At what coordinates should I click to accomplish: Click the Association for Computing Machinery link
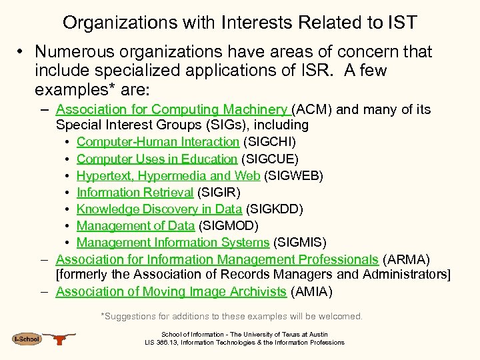(172, 109)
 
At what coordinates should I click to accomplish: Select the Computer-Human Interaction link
(157, 141)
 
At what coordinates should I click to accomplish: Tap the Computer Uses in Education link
(157, 159)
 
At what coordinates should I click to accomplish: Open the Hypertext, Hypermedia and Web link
(169, 175)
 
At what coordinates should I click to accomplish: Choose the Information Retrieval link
(135, 193)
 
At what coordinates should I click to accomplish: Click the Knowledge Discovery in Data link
(159, 209)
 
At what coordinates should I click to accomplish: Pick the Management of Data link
(135, 226)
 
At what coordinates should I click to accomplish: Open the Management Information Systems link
(173, 243)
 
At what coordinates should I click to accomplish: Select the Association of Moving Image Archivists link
(171, 291)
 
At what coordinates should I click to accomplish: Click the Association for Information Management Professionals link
(217, 259)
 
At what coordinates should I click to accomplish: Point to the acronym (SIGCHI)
(270, 141)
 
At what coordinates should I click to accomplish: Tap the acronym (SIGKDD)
(275, 209)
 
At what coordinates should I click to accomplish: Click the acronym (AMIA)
(311, 291)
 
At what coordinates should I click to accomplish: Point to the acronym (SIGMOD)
(228, 226)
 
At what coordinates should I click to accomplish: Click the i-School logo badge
(27, 339)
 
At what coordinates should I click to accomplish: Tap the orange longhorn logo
(61, 339)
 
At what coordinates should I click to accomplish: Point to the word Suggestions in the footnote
(132, 316)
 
